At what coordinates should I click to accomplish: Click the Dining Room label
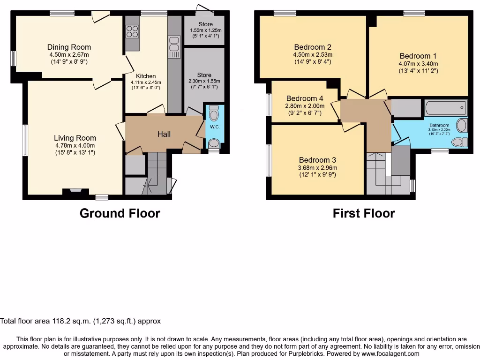tap(69, 47)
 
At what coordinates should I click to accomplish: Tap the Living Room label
tap(75, 138)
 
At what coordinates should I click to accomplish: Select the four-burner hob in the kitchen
tap(132, 31)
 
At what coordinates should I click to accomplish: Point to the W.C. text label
tap(215, 127)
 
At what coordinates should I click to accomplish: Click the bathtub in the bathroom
tap(445, 107)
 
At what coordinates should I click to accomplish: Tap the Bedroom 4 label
tap(305, 98)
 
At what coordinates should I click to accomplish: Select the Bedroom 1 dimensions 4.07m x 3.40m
tap(418, 64)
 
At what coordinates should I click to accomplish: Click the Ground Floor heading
tap(120, 213)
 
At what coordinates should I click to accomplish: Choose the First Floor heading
tap(364, 213)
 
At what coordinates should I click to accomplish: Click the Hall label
tap(164, 134)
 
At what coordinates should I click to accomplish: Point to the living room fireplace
tap(72, 191)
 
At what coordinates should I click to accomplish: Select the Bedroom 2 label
tap(313, 47)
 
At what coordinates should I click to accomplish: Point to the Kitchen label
tap(146, 76)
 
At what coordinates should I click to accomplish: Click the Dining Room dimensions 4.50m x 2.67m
tap(69, 54)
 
